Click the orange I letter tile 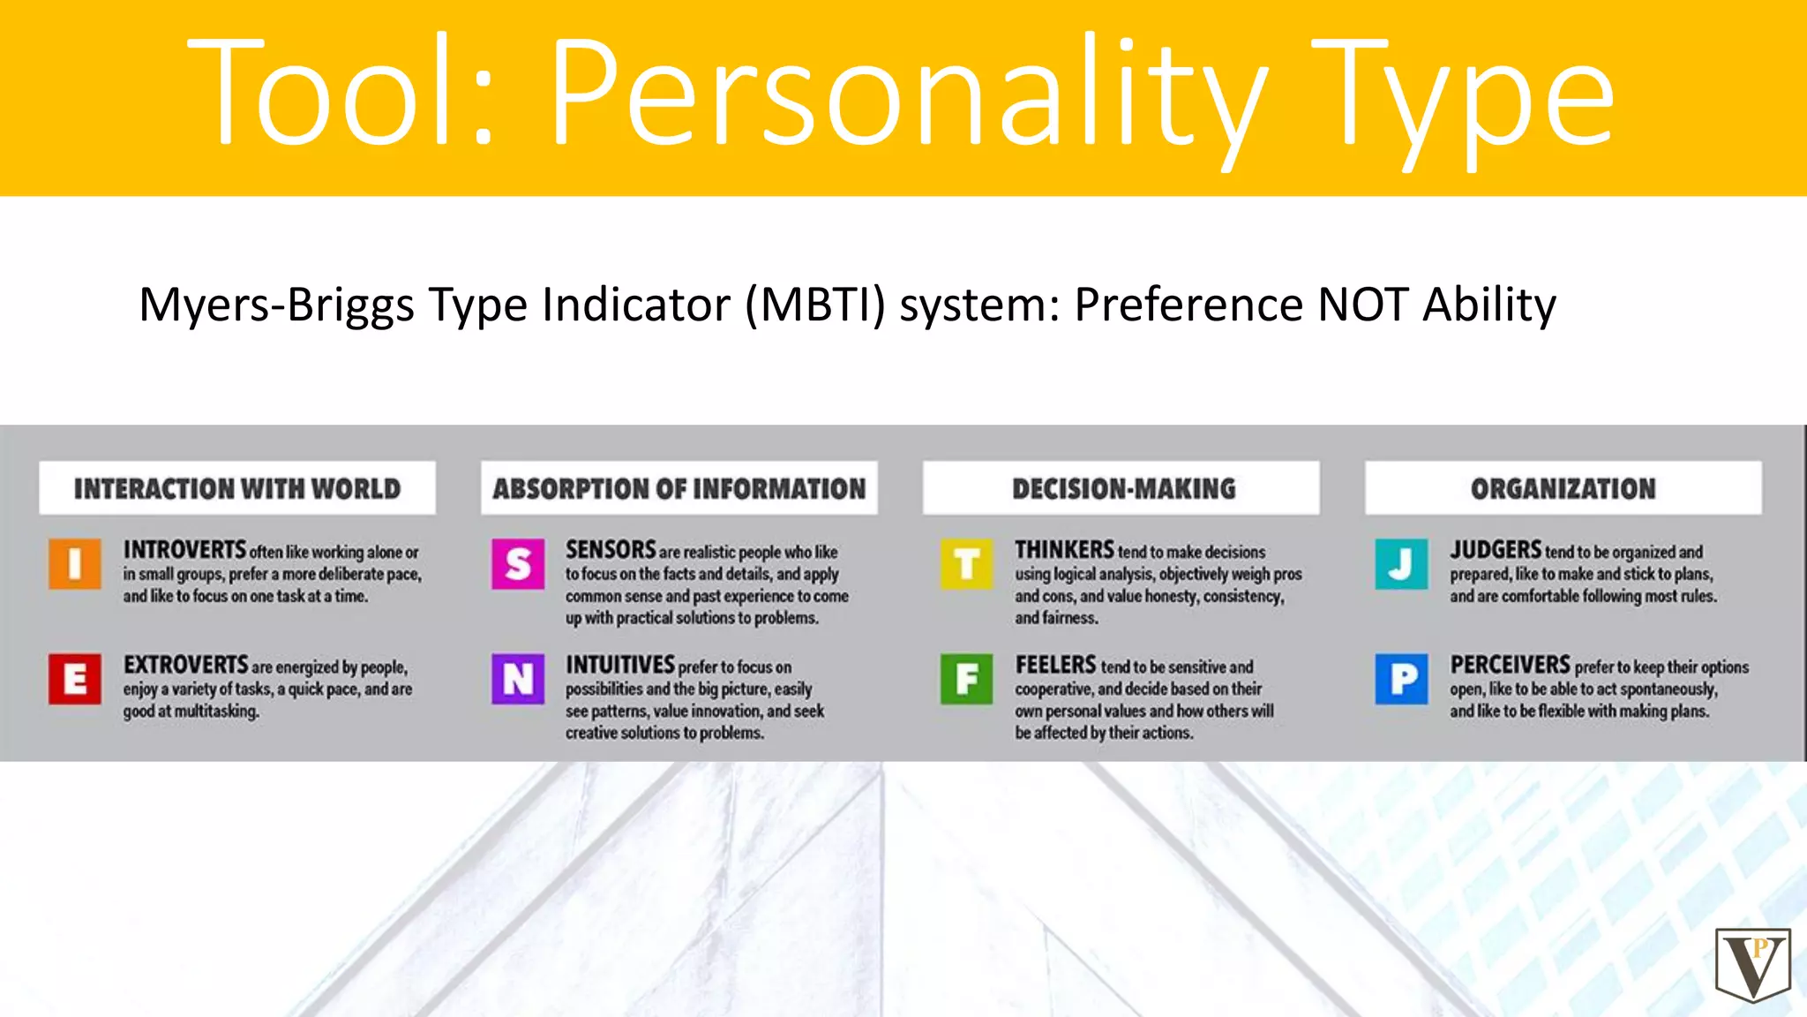(75, 563)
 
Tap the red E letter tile (75, 679)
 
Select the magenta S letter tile (518, 563)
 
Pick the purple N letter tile (518, 679)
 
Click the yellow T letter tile (967, 563)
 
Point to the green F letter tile (967, 679)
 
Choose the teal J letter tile (1401, 563)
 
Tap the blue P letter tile (1401, 679)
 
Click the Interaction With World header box (237, 488)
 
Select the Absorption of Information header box (679, 488)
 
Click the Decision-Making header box (1121, 488)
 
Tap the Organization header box (1563, 488)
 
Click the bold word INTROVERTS (184, 550)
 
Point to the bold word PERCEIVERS (1510, 665)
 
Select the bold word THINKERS (1064, 550)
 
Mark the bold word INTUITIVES (619, 665)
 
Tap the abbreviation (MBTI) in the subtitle (815, 305)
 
